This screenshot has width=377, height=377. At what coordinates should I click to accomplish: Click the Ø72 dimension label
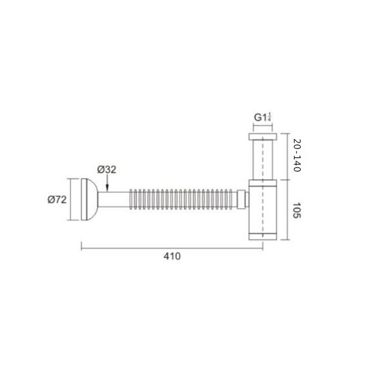click(57, 199)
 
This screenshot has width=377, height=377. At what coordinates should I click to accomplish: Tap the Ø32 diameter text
click(107, 170)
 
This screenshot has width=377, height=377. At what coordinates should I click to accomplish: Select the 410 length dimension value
click(172, 256)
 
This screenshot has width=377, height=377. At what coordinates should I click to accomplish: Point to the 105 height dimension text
click(297, 210)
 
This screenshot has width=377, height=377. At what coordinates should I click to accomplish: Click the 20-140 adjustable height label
click(297, 156)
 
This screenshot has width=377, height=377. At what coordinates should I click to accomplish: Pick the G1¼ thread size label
click(263, 117)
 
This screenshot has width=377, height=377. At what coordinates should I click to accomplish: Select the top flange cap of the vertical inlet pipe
click(262, 137)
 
